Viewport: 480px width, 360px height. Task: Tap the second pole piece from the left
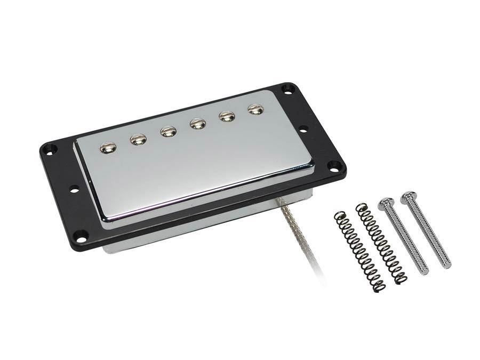pos(138,139)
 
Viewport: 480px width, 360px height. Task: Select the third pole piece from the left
pos(168,131)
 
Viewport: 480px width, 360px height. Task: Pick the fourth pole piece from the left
pos(197,124)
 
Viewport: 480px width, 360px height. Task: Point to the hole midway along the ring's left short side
pos(74,188)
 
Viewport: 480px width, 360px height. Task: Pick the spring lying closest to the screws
pos(381,243)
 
